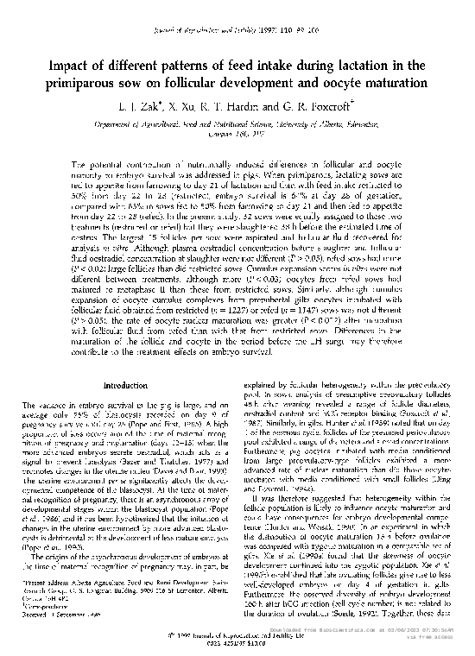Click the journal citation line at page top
pos(237,9)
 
